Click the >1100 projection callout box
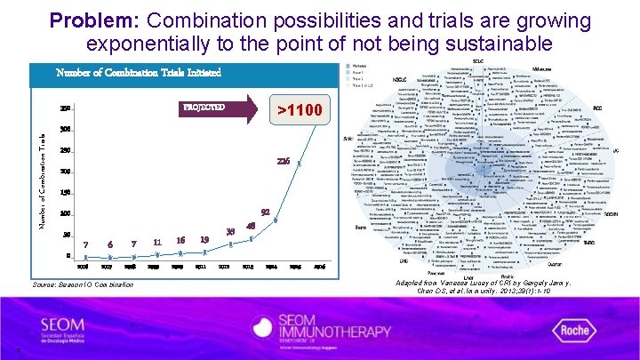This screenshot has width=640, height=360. tap(300, 111)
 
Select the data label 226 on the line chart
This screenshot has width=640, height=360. tap(284, 161)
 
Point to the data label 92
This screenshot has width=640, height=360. tap(265, 212)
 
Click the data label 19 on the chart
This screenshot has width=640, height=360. tap(204, 240)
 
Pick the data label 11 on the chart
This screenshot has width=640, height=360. tap(156, 242)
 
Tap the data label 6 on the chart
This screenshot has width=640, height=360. tap(109, 244)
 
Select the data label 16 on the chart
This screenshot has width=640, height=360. tap(180, 240)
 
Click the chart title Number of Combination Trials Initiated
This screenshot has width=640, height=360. tap(139, 73)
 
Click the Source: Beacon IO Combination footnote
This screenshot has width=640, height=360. tap(82, 284)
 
